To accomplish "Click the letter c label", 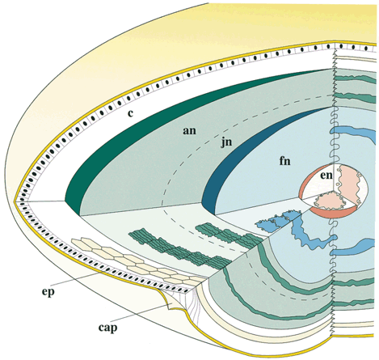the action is pos(130,113).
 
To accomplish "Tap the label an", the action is pos(189,131).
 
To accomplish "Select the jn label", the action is pos(226,142).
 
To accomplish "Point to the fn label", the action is pos(285,161).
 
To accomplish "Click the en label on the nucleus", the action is pos(326,176).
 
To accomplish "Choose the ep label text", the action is pos(48,293).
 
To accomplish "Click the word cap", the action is pos(107,328).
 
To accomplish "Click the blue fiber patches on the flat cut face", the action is pos(278,221).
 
